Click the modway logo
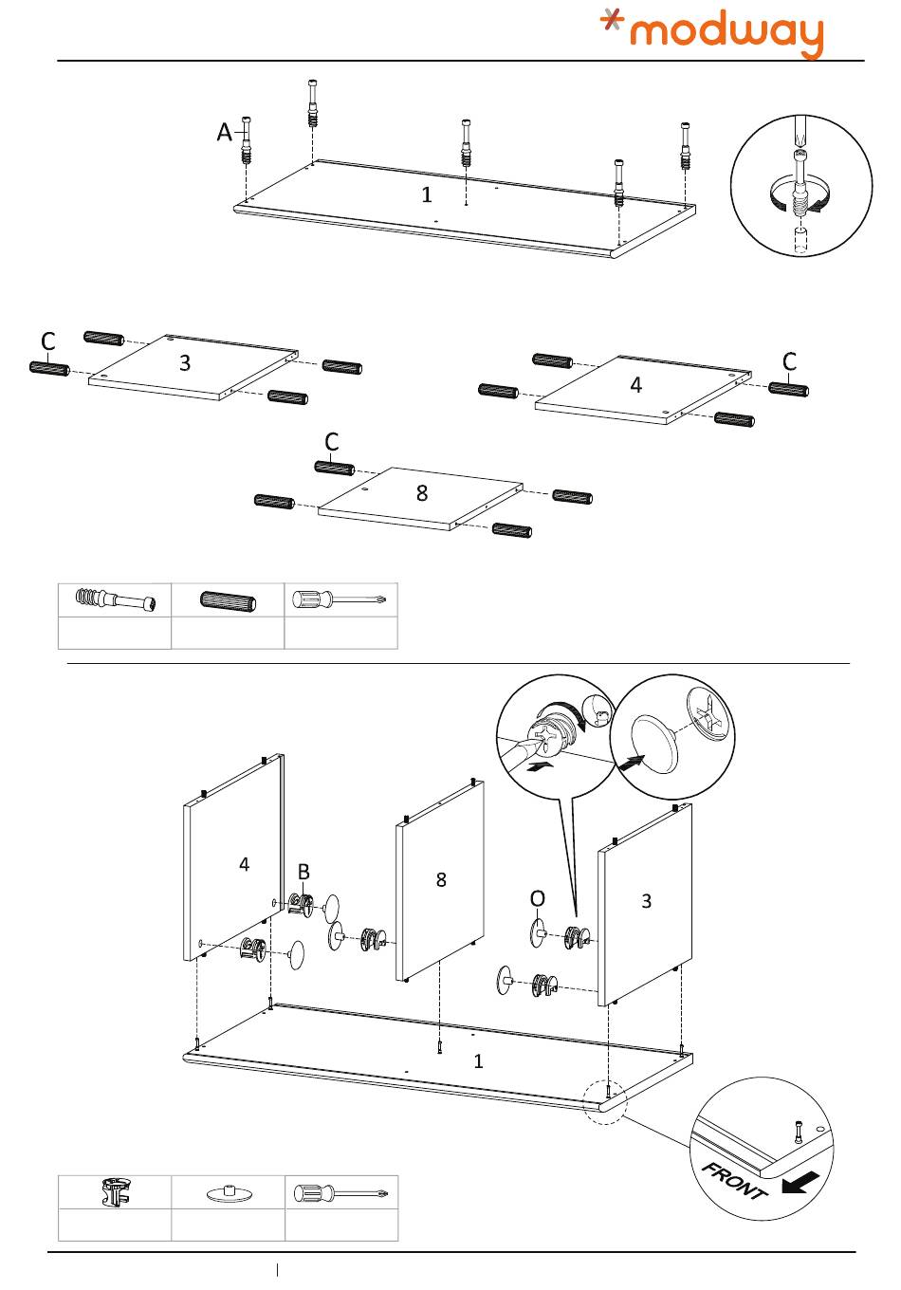coord(712,33)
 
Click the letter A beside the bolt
coord(224,132)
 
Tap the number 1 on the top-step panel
coord(427,194)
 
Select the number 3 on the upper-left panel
coord(185,362)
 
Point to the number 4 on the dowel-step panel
coord(635,385)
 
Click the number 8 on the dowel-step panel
coord(422,493)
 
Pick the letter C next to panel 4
coord(789,361)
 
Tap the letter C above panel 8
coord(331,442)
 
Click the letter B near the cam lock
coord(303,872)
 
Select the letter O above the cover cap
coord(538,898)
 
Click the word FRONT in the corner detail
coord(733,1179)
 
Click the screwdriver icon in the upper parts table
coord(340,600)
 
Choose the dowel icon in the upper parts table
coord(228,600)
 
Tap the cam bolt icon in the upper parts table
coord(115,600)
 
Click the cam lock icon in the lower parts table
coord(114,1192)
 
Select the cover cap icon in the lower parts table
coord(228,1193)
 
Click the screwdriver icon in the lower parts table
coord(341,1192)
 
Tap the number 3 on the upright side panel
coord(647,900)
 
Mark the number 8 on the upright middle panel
coord(441,879)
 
